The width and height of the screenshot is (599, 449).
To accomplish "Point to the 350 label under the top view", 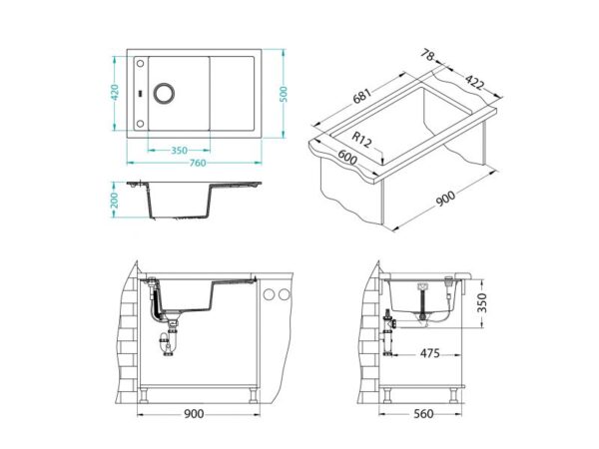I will (x=179, y=151).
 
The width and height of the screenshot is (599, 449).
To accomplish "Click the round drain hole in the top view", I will (x=164, y=94).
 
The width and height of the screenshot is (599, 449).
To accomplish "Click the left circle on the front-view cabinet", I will (x=269, y=295).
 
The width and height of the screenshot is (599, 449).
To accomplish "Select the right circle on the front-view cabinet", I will (x=284, y=295).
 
